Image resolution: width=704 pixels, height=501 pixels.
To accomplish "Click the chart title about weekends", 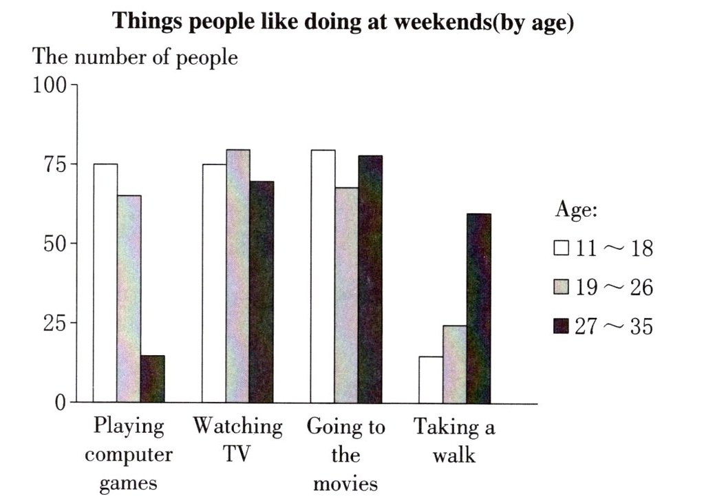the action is pos(343,21).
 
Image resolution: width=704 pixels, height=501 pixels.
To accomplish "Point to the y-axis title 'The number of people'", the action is pos(135,58).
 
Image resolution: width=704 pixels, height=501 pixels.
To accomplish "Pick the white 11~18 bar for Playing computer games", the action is pos(105,283).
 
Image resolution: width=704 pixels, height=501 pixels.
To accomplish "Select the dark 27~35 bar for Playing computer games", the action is pos(153,379).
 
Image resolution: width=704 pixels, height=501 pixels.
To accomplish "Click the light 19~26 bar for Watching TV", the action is pos(238,276).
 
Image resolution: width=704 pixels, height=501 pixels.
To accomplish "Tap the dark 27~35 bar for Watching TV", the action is pos(262,292).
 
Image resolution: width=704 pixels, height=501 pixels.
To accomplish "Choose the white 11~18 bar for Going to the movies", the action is pos(323,276).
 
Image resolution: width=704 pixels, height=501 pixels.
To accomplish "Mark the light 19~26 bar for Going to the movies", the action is pos(347,295).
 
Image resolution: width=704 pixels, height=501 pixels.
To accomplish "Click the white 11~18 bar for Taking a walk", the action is pos(431,379).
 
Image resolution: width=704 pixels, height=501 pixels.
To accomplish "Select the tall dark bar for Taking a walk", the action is pos(478,308).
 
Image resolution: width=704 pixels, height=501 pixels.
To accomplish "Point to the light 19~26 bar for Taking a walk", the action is pos(455,364).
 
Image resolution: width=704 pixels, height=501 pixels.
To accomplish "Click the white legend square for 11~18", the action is pos(562,248).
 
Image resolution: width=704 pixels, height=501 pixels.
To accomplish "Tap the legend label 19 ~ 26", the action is pos(614,287).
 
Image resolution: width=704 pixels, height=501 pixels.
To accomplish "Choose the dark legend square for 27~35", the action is pos(562,326).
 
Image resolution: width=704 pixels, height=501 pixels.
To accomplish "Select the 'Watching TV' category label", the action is pos(237,440).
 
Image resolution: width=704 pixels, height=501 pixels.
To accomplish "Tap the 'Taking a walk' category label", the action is pos(454,440).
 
